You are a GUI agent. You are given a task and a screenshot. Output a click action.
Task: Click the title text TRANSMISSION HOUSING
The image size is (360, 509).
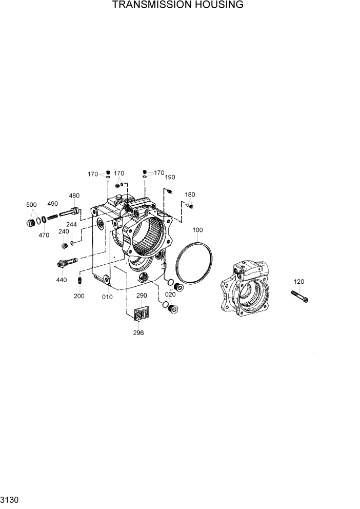point(177,5)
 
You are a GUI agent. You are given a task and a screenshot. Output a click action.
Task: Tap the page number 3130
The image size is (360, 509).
point(10,499)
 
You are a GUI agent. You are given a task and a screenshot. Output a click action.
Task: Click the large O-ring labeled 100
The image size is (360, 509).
point(194,263)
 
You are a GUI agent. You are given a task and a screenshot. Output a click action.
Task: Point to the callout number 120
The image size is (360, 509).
point(299,282)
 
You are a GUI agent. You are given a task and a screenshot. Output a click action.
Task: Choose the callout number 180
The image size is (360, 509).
point(190,195)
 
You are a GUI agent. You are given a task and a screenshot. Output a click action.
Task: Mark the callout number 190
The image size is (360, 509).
point(170,177)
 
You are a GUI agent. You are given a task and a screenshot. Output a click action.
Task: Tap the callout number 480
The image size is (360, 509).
point(74,195)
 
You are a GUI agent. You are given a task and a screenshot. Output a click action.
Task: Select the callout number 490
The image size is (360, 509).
point(52,204)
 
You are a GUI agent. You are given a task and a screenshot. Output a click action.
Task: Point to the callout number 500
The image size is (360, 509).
point(32,205)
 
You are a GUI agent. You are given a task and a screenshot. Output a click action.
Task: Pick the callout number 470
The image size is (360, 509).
point(44,235)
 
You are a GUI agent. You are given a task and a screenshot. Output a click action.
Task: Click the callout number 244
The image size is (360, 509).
point(72,225)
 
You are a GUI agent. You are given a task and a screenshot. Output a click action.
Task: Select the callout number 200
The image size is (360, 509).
point(79,297)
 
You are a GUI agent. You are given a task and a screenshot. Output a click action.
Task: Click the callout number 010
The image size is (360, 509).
point(107,297)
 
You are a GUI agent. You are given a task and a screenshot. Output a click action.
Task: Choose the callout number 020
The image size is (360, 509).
point(170,295)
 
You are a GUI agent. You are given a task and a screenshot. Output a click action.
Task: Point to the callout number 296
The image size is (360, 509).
point(138,332)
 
